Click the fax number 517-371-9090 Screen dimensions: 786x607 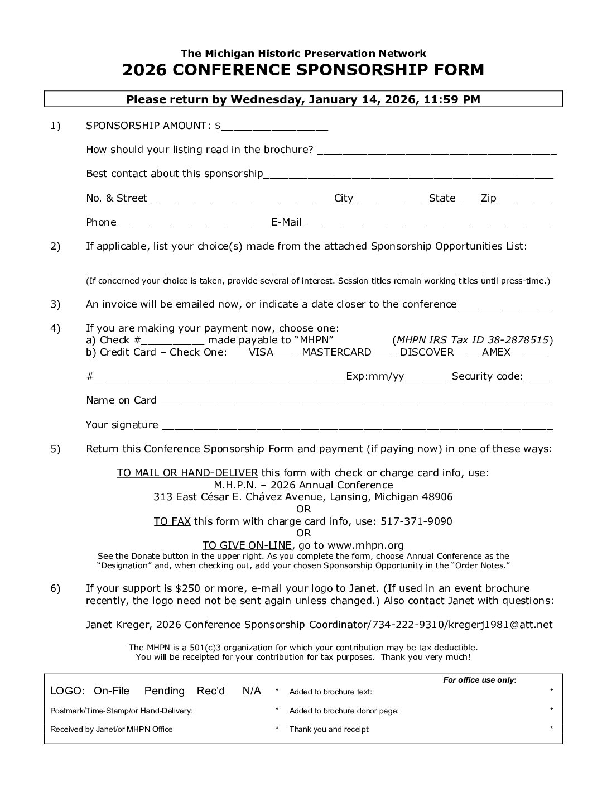point(416,521)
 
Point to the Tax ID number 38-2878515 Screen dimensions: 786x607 point(522,340)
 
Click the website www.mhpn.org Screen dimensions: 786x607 point(365,545)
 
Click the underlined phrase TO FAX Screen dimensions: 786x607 point(172,521)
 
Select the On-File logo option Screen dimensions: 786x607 point(112,691)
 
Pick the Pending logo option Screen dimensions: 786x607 point(165,691)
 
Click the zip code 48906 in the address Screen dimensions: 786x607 point(437,497)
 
